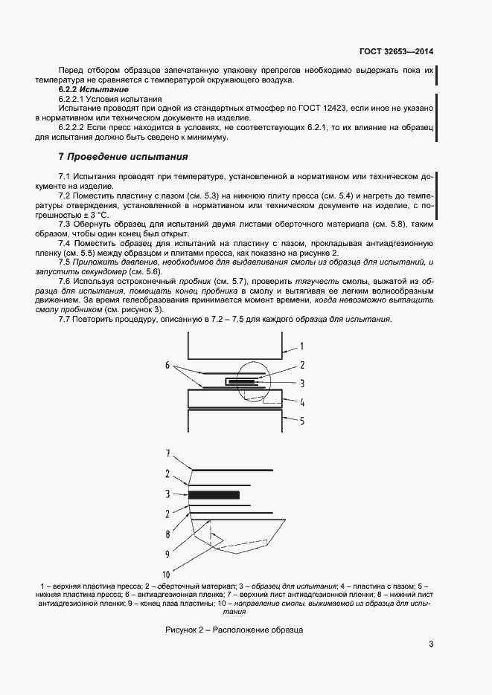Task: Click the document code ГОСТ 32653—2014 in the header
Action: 396,52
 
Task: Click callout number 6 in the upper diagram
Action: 167,366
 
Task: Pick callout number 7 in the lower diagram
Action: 167,453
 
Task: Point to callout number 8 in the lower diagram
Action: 167,534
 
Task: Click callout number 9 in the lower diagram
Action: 167,554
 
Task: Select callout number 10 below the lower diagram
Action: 167,574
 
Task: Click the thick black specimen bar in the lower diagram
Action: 214,494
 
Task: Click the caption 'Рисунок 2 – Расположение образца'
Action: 234,630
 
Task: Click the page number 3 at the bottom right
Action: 431,644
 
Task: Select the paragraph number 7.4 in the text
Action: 64,244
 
